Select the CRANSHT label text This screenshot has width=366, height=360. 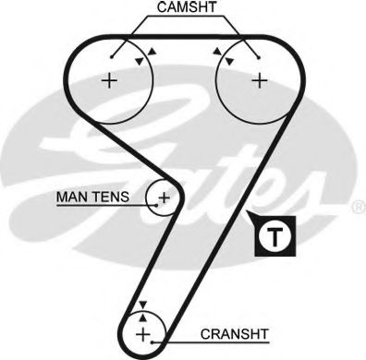click(x=228, y=335)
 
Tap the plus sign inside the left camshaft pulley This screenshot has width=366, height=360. click(x=110, y=81)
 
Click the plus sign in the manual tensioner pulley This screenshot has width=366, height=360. click(x=164, y=197)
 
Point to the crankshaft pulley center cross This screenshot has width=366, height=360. click(x=142, y=333)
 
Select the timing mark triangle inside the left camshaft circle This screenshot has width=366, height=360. click(x=139, y=61)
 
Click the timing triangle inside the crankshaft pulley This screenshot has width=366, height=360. click(x=142, y=315)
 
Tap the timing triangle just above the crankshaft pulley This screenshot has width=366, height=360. click(x=142, y=304)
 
